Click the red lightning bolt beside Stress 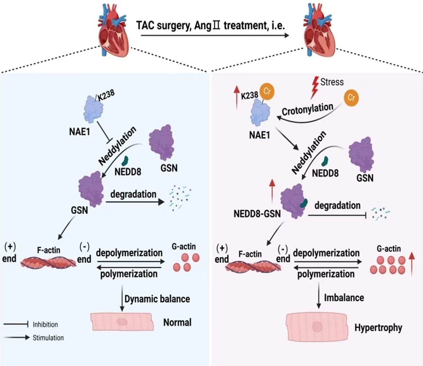314,87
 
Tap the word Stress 332,82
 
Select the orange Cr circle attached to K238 267,91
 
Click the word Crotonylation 307,109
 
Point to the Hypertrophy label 378,327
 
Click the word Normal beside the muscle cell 177,322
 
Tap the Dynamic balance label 157,299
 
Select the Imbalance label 344,298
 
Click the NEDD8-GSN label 257,213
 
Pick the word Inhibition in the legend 45,324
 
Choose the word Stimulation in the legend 48,338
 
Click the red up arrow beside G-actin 411,264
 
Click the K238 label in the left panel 106,95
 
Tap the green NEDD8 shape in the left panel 125,160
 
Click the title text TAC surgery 163,25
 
